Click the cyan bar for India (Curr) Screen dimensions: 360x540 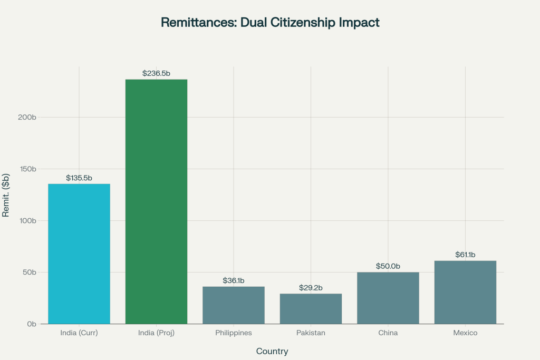coord(79,254)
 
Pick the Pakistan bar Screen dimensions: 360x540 coord(311,309)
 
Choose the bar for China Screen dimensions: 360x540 coord(388,298)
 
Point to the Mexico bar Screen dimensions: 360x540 coord(465,292)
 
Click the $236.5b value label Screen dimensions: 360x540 coord(156,73)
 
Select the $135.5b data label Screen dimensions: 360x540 coord(79,178)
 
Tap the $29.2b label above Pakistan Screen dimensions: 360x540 coord(311,288)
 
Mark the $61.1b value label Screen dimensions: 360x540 coord(465,255)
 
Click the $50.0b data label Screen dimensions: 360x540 coord(388,266)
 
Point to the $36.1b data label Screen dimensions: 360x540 coord(234,280)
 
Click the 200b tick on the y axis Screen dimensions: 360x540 coord(27,117)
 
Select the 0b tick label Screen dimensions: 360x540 coord(31,324)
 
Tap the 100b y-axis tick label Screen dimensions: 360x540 coord(27,221)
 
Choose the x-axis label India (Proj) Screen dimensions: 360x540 coord(156,333)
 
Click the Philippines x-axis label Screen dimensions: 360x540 coord(234,333)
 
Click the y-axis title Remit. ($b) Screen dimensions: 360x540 coord(7,195)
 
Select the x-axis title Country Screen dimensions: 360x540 coord(272,351)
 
